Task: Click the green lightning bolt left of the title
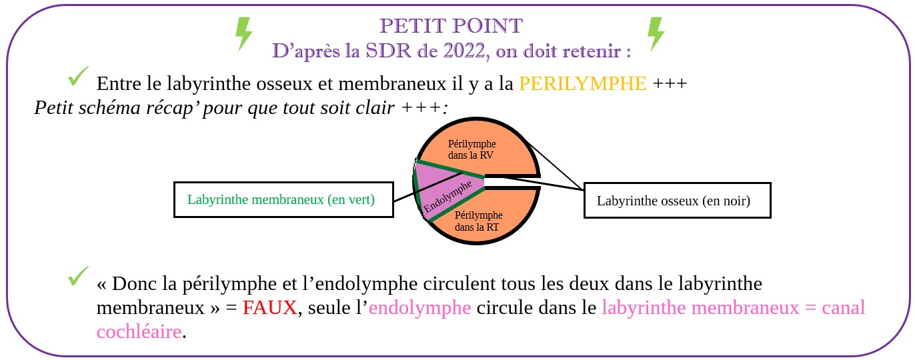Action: [x=244, y=34]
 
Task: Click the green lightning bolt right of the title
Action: [x=656, y=34]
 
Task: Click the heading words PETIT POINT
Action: [x=451, y=26]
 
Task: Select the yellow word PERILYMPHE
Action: [x=583, y=84]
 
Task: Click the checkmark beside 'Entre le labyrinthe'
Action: [x=78, y=76]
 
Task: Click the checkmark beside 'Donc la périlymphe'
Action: [x=78, y=276]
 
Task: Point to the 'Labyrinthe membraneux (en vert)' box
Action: [x=283, y=199]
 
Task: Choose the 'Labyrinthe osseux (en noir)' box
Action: [x=678, y=201]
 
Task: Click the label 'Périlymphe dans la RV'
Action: [x=472, y=149]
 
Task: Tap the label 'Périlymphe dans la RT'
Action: [x=478, y=221]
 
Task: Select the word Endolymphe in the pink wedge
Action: [x=447, y=196]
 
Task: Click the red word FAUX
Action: [x=269, y=308]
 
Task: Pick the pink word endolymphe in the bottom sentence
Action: [x=419, y=308]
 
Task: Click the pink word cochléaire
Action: [x=139, y=332]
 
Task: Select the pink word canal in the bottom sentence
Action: [x=843, y=308]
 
